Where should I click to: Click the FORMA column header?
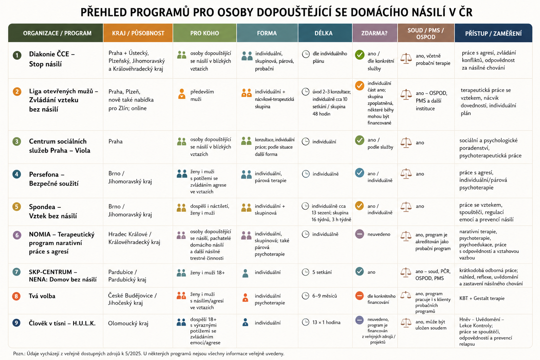[267, 33]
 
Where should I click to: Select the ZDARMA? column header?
[374, 33]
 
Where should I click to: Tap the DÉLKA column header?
[323, 33]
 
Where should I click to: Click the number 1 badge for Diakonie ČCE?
[17, 55]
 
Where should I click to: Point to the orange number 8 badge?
[17, 296]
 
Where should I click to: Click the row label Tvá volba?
[42, 296]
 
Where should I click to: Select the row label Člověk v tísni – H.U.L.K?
[62, 323]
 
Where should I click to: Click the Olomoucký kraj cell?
[128, 323]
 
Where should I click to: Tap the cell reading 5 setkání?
[322, 272]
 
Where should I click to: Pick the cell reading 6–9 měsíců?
[324, 296]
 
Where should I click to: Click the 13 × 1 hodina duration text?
[326, 322]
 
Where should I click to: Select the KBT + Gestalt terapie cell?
[482, 298]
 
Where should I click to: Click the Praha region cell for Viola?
[115, 142]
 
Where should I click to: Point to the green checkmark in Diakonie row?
[360, 55]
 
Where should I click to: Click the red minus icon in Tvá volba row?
[359, 296]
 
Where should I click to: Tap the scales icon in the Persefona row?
[406, 174]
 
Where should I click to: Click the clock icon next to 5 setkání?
[306, 272]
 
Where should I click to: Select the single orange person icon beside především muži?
[182, 94]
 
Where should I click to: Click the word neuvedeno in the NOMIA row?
[379, 234]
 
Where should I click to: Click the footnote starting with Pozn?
[149, 353]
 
